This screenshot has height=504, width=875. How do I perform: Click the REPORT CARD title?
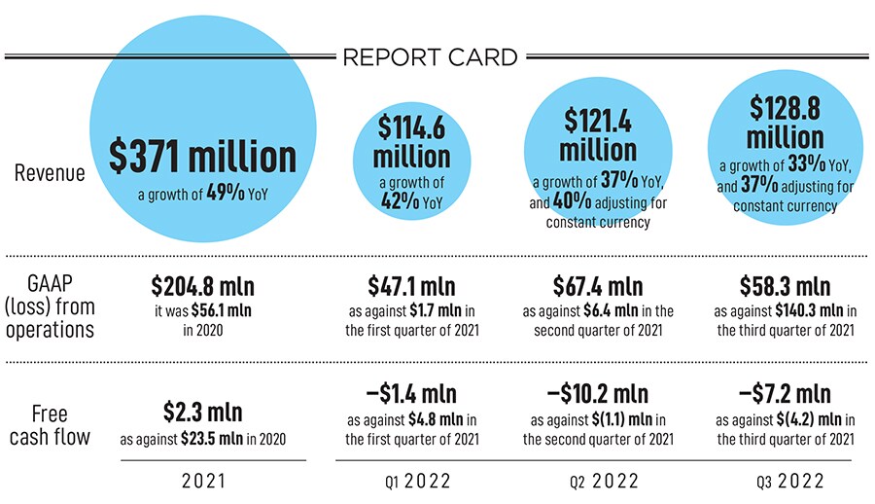click(x=430, y=57)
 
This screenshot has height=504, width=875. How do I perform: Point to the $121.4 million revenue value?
click(x=597, y=135)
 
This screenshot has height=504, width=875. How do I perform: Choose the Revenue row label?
click(x=50, y=173)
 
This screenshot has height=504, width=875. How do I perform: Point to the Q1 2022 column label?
click(x=411, y=481)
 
